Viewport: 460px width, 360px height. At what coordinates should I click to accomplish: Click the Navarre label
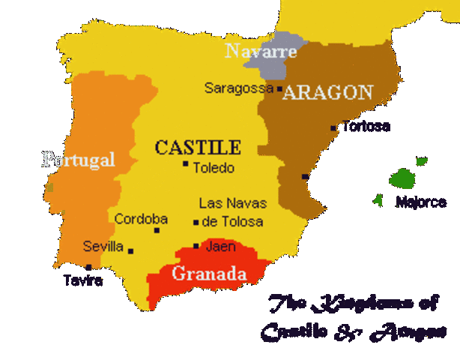261,52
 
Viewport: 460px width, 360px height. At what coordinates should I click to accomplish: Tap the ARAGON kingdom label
327,92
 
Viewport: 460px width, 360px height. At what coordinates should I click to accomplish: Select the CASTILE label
198,147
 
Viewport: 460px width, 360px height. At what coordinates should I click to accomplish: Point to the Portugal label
79,159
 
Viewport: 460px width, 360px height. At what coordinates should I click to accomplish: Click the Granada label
209,274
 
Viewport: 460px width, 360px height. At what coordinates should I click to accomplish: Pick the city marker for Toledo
185,163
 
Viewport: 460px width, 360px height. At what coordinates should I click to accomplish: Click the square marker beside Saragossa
279,88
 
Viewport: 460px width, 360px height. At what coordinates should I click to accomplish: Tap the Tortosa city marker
333,128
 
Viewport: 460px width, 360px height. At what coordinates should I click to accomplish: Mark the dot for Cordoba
157,230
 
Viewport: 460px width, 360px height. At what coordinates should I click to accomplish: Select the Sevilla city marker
130,250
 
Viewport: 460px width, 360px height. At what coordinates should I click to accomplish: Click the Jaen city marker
196,246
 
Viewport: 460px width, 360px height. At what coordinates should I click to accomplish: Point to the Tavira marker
88,267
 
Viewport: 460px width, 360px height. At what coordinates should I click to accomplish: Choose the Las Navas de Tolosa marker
196,222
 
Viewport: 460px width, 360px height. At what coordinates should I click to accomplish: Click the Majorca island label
420,202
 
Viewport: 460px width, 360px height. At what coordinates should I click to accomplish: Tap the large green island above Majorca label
402,178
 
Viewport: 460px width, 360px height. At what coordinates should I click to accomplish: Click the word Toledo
214,168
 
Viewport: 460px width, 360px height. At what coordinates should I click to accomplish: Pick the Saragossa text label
239,88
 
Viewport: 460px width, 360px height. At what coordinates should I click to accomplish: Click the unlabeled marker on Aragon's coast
304,177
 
